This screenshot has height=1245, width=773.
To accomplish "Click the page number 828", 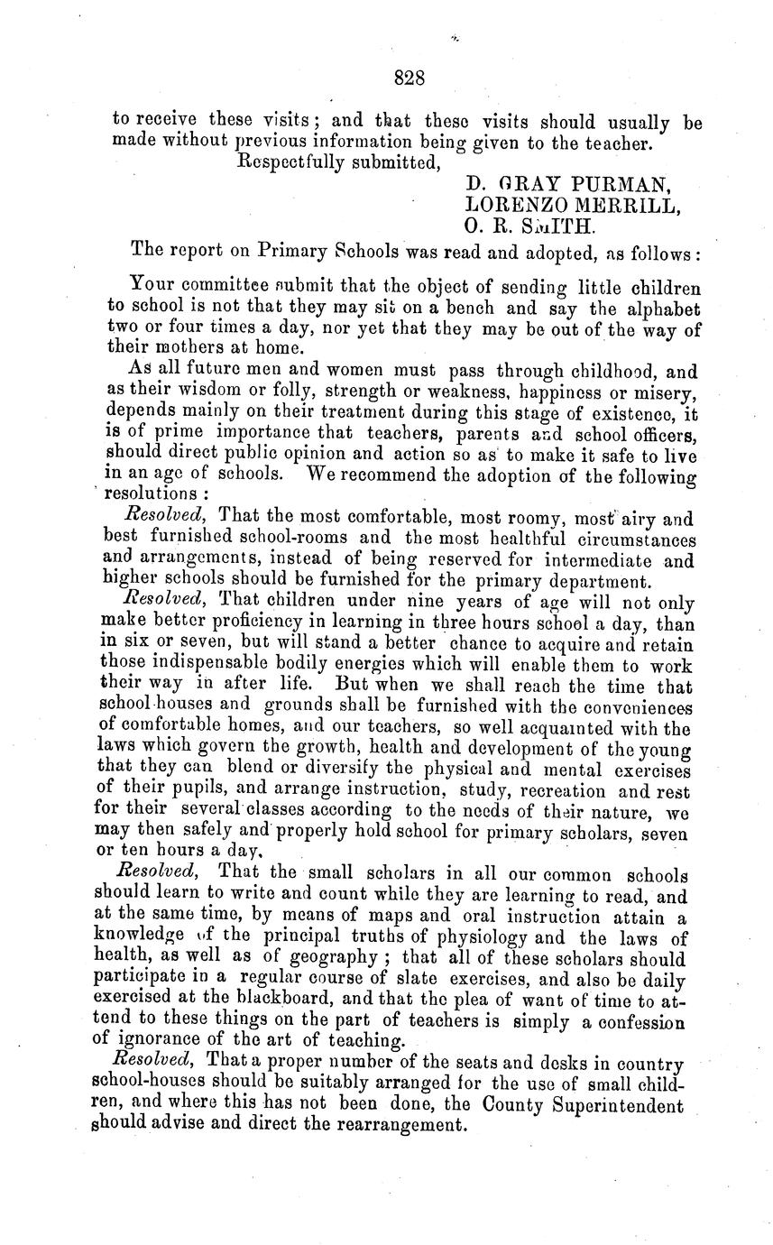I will point(410,79).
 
